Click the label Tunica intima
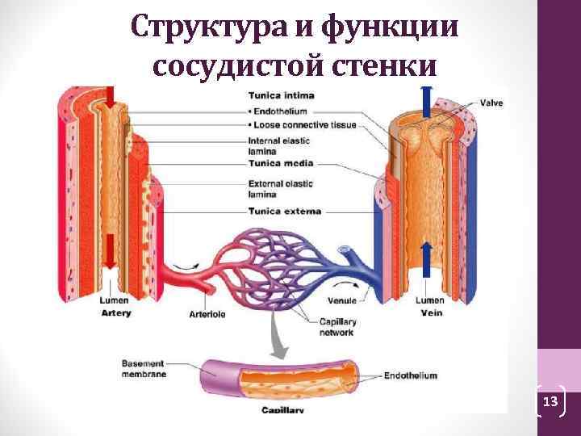point(282,95)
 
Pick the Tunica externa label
point(284,212)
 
